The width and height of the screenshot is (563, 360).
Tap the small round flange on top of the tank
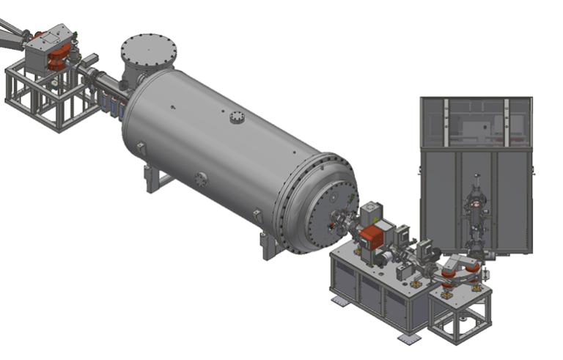point(236,117)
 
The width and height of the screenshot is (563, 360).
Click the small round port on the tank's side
point(201,178)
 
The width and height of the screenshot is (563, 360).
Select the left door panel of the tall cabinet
point(438,198)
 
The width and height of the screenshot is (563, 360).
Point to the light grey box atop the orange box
point(372,214)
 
